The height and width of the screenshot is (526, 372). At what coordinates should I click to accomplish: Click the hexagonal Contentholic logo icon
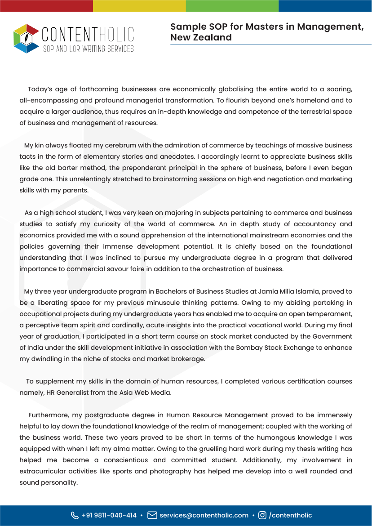click(x=27, y=39)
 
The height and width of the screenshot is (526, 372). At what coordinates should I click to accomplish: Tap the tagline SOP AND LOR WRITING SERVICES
click(x=88, y=49)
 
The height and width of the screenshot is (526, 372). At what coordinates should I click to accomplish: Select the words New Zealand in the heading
click(x=201, y=38)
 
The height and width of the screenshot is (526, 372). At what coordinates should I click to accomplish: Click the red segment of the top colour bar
click(x=46, y=5)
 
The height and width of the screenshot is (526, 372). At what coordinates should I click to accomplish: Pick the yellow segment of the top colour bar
click(x=139, y=5)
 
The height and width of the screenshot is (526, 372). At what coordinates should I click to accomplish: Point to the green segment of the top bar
click(x=232, y=5)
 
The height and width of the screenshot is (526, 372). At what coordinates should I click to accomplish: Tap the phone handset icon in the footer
click(x=75, y=515)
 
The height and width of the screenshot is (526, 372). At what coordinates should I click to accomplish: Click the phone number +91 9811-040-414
click(x=109, y=515)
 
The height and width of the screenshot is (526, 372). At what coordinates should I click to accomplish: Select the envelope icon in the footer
click(x=152, y=515)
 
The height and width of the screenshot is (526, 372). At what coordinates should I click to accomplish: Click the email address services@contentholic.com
click(x=204, y=515)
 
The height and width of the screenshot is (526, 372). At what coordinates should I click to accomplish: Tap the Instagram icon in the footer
click(x=262, y=515)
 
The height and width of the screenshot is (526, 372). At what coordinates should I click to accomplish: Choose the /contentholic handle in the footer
click(x=290, y=515)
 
